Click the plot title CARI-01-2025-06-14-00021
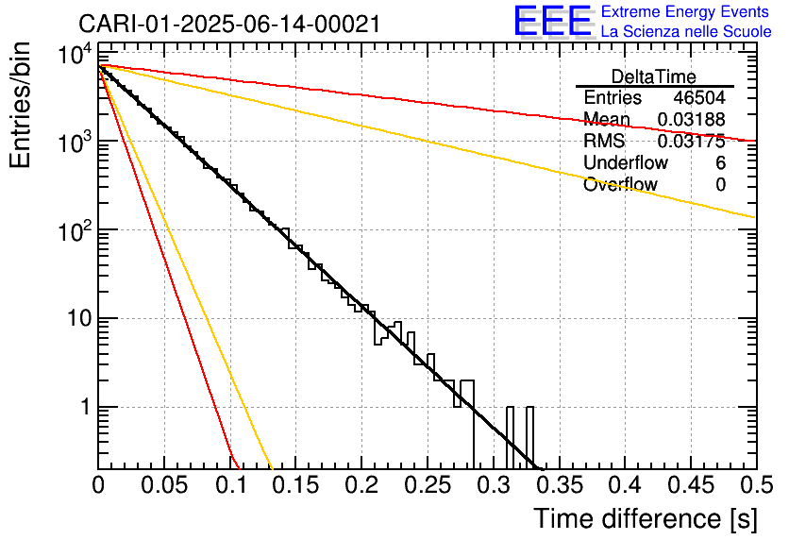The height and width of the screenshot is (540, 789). (x=229, y=24)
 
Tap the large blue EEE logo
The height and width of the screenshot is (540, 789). (x=552, y=22)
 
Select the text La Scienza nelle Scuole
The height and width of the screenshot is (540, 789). (x=686, y=32)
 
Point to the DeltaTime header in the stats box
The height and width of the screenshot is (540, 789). (x=654, y=76)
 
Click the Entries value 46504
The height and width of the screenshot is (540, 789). (x=699, y=98)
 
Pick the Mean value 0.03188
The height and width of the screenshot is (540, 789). (x=691, y=120)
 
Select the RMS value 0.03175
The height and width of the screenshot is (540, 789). (x=691, y=142)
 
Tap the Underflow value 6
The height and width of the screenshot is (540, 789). (x=720, y=163)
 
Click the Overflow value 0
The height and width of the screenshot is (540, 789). (x=720, y=185)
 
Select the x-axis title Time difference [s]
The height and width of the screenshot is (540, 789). (x=644, y=518)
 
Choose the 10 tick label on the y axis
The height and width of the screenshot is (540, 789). (x=74, y=319)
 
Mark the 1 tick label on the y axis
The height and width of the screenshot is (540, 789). (x=81, y=408)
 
